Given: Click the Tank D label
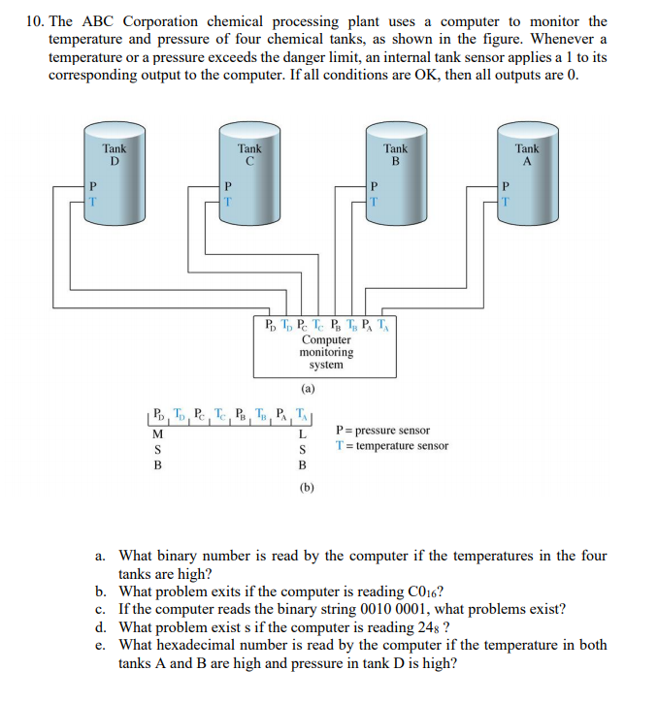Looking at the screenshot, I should coord(115,155).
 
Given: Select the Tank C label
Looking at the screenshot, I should coord(249,155).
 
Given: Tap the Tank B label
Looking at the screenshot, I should coord(395,155).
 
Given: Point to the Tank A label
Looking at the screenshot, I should coord(527,155).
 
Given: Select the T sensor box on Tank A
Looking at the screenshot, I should coord(505,202).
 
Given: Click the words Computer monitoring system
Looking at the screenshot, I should coord(326,352).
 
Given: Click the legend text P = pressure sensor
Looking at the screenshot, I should coord(381,431).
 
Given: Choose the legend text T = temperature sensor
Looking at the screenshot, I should coord(391,446).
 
